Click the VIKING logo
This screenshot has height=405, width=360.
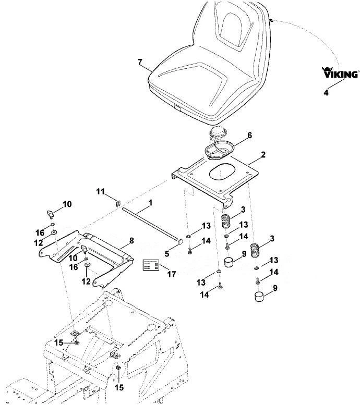pyautogui.click(x=340, y=72)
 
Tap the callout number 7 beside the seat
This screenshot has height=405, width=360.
pyautogui.click(x=140, y=62)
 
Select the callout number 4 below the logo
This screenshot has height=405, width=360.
pyautogui.click(x=326, y=92)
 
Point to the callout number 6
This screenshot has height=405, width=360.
pyautogui.click(x=249, y=135)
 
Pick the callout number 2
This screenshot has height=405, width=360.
pyautogui.click(x=263, y=155)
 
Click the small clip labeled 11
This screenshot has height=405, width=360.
pyautogui.click(x=118, y=203)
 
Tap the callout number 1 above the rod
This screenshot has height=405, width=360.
pyautogui.click(x=150, y=203)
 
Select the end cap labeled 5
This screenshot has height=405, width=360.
pyautogui.click(x=180, y=242)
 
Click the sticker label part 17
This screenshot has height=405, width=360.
pyautogui.click(x=151, y=265)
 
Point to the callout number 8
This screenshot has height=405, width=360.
pyautogui.click(x=131, y=241)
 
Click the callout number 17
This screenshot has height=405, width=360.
pyautogui.click(x=172, y=274)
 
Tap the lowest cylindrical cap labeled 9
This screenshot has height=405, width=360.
pyautogui.click(x=259, y=296)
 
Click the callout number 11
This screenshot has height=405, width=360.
pyautogui.click(x=100, y=191)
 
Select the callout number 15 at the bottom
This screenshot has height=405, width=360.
pyautogui.click(x=119, y=387)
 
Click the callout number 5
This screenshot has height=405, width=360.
pyautogui.click(x=167, y=254)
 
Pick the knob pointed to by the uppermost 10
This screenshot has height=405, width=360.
pyautogui.click(x=50, y=214)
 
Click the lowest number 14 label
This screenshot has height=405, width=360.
pyautogui.click(x=205, y=294)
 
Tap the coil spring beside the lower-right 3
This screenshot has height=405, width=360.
pyautogui.click(x=256, y=250)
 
